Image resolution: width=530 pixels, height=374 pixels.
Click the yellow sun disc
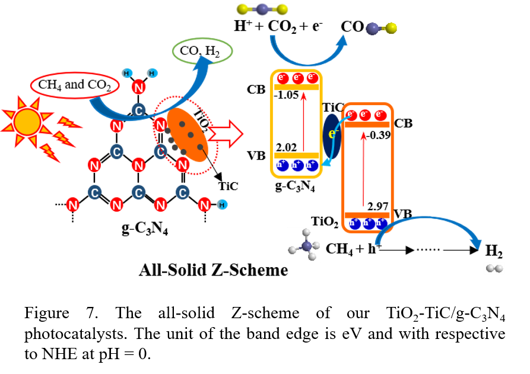coord(27,122)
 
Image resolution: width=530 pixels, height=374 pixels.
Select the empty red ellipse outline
coord(75,85)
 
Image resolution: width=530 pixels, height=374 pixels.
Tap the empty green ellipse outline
coord(202,51)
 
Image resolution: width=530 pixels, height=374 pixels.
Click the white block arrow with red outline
coord(226,134)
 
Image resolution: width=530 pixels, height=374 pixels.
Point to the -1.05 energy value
coord(286,95)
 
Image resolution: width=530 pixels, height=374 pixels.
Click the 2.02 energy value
coord(286,147)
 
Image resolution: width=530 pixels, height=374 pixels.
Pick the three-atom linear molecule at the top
coord(262,9)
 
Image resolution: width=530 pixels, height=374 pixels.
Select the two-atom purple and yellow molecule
coord(381,28)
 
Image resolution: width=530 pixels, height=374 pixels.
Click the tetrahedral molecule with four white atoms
coord(304,245)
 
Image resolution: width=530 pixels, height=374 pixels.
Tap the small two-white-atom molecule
coord(494,268)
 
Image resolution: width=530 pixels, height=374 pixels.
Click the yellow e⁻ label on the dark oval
coord(333,134)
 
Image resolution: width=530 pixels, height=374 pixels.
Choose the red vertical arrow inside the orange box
coord(363,169)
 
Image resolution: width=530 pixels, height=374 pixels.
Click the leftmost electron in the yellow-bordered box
coord(283,78)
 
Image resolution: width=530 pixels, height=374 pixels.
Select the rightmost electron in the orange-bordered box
coord(380,115)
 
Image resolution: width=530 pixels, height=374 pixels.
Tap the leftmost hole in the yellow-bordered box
coord(283,166)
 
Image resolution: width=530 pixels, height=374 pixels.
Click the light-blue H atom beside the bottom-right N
coord(222,205)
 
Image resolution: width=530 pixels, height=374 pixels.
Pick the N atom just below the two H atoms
coord(138,88)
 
